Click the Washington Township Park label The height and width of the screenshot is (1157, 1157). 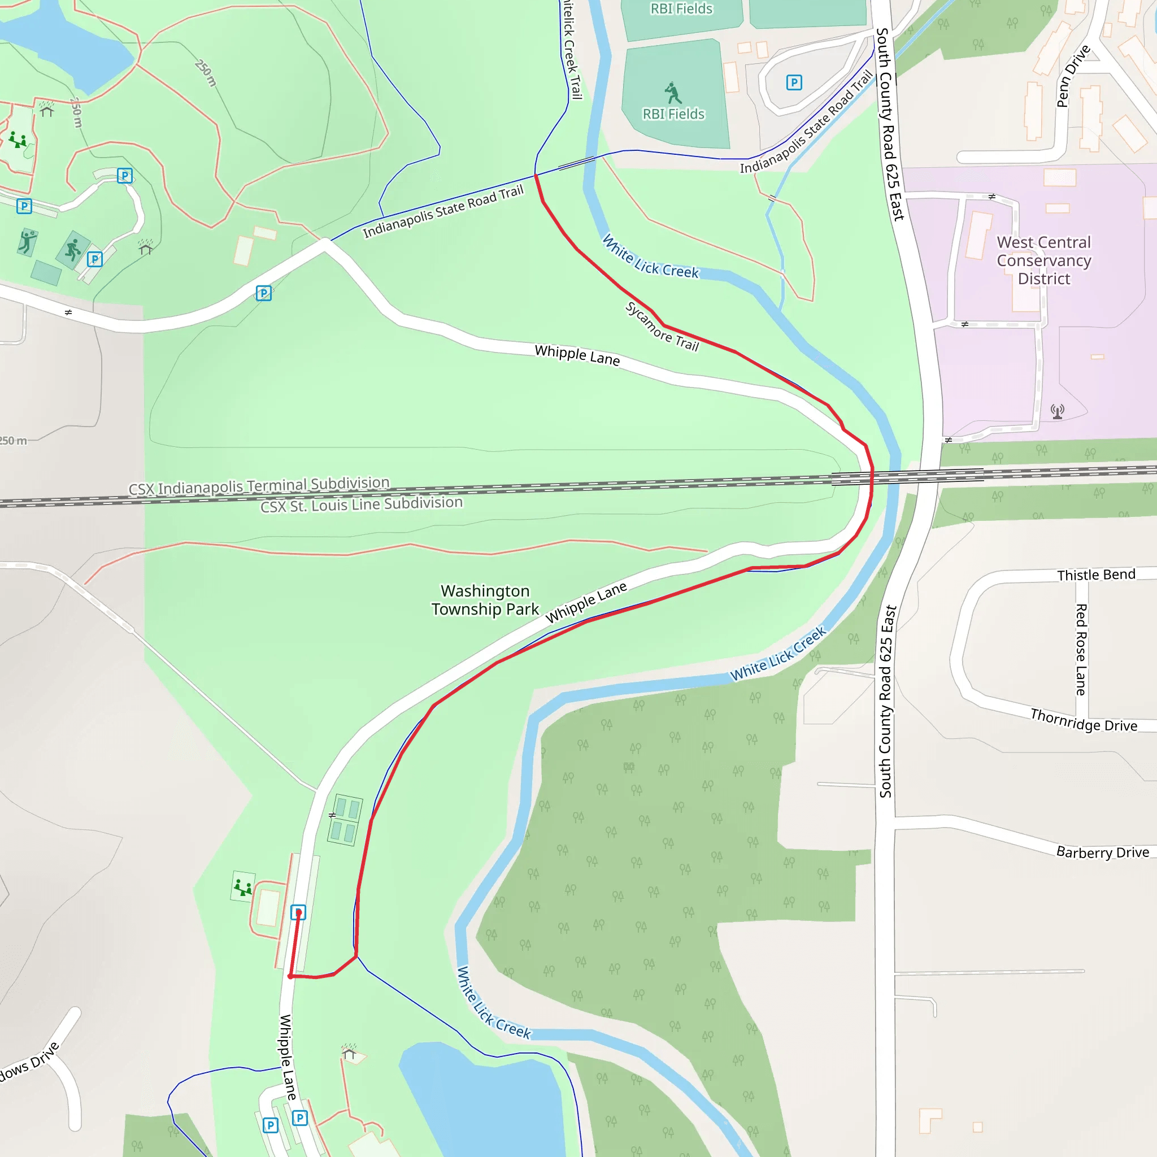pos(485,600)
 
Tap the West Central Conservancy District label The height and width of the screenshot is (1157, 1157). pos(1044,260)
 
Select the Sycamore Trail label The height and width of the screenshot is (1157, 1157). pos(662,327)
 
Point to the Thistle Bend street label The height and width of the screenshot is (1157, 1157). pos(1096,575)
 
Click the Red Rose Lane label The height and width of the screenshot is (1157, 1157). pos(1081,650)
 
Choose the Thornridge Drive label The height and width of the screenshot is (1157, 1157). pos(1084,720)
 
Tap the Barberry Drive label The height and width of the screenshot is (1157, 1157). pos(1103,851)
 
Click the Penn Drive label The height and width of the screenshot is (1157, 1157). pos(1073,76)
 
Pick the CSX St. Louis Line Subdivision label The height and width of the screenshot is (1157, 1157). pos(361,504)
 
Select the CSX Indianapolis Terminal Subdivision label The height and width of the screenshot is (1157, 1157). pos(259,486)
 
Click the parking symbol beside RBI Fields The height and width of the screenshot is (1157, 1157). pos(794,82)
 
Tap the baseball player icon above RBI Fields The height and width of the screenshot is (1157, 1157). pos(673,93)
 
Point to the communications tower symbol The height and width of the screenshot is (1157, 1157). pos(1058,411)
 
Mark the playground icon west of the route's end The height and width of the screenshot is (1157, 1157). pos(242,887)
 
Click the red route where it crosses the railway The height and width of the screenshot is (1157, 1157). pos(872,476)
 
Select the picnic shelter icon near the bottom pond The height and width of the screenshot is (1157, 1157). pos(349,1052)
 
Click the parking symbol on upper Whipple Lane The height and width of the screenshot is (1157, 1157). pos(263,293)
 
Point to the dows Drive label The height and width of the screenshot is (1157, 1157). pos(30,1062)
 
